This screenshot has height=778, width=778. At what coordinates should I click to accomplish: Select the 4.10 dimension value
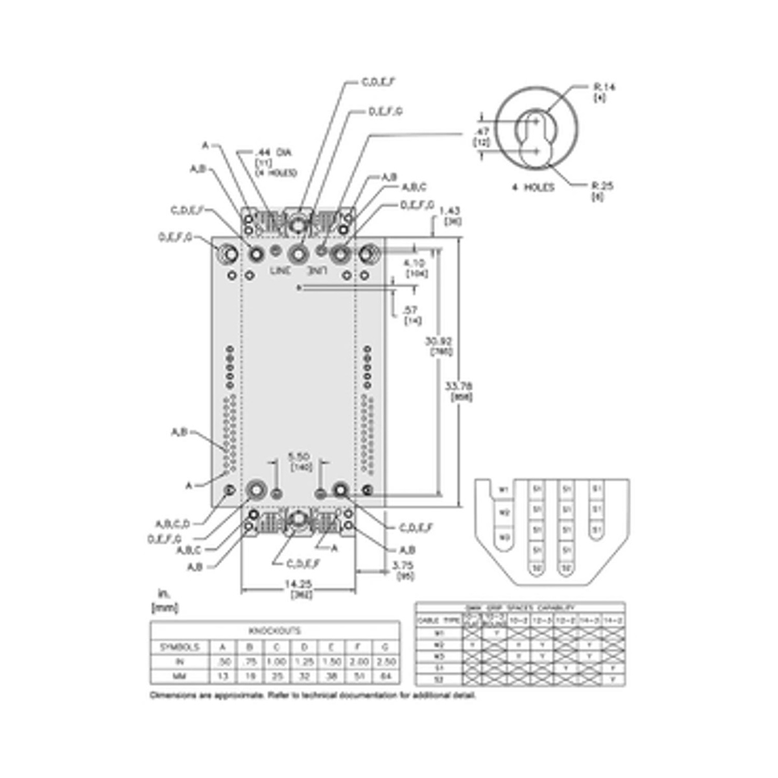pos(414,263)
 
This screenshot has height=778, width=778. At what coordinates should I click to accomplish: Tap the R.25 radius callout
pos(603,186)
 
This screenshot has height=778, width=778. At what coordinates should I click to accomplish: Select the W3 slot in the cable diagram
pos(502,537)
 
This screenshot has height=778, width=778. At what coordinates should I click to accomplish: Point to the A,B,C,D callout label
pos(172,524)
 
